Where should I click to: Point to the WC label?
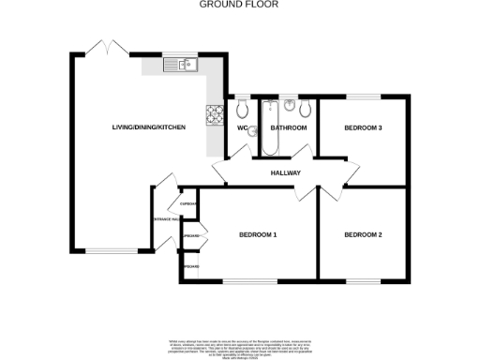242,128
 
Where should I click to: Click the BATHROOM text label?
289,128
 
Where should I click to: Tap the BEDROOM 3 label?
362,128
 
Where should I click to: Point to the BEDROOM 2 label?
362,234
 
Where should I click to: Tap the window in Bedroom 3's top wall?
363,97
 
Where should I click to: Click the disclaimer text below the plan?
240,344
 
